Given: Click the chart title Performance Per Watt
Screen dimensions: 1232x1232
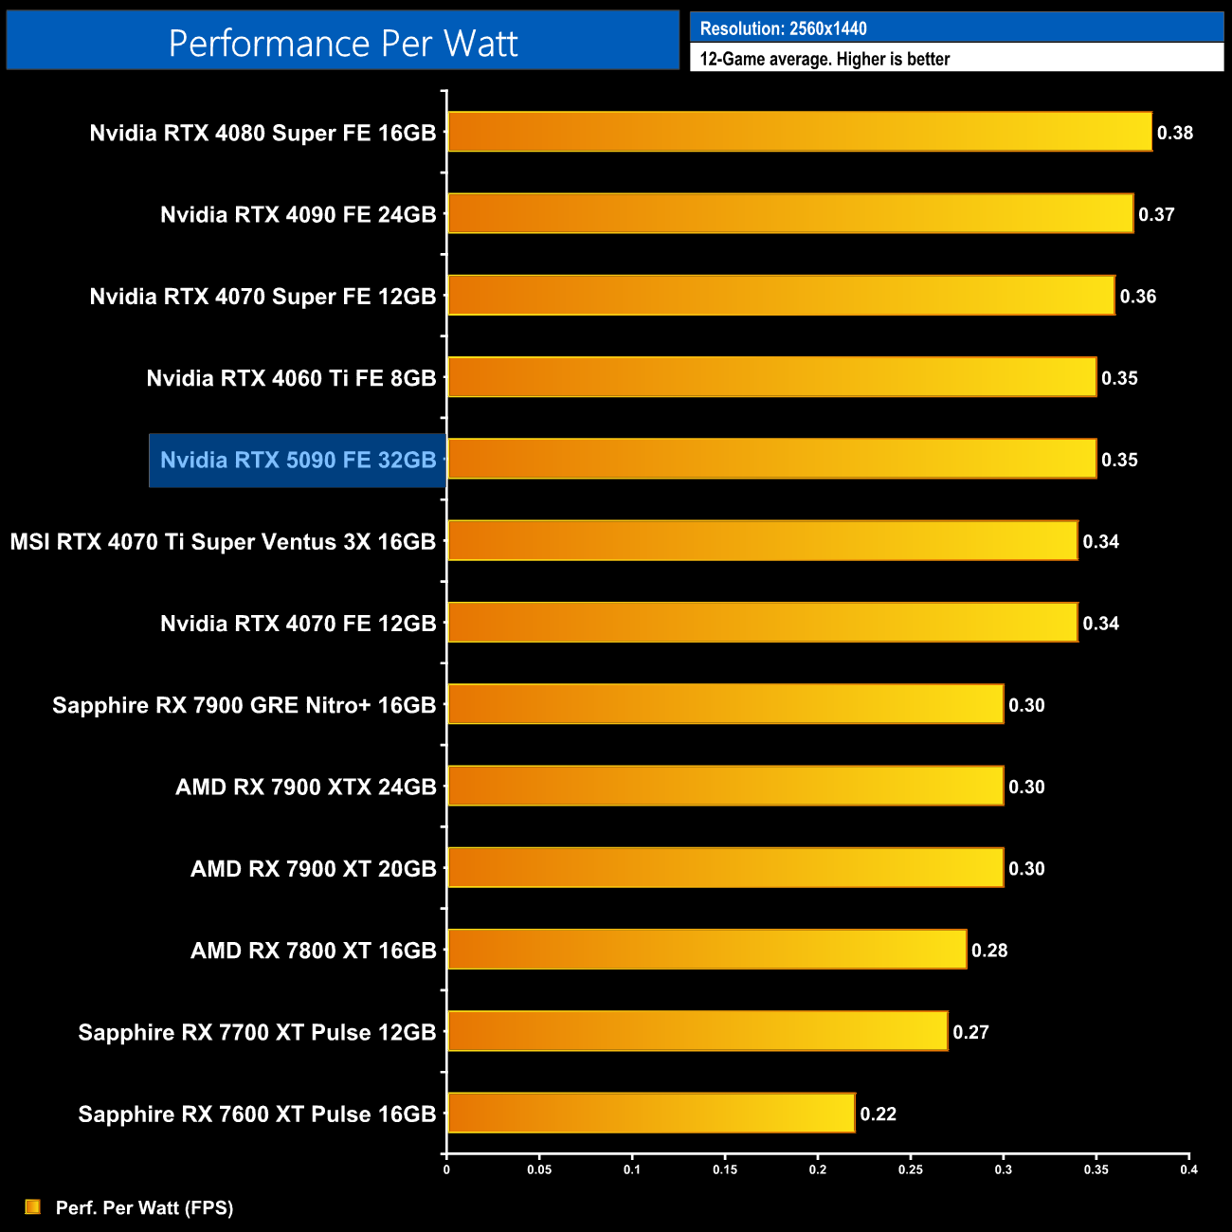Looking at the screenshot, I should (343, 44).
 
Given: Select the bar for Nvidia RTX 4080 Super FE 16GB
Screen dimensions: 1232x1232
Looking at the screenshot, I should (799, 132).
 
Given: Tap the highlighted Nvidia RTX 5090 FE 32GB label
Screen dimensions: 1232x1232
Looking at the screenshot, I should (298, 461).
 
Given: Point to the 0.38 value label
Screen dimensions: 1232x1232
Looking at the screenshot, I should (1175, 133).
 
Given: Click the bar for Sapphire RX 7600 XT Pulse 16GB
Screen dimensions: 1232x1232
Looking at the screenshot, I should (651, 1113).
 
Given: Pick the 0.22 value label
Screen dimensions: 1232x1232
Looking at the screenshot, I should (879, 1114).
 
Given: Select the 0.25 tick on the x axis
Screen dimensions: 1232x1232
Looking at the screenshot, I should (910, 1169).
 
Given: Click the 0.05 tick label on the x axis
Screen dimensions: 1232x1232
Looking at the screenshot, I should (539, 1169).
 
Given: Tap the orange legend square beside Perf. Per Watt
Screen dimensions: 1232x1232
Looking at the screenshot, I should (33, 1206).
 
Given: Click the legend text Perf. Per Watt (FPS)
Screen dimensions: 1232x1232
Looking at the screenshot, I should (144, 1207).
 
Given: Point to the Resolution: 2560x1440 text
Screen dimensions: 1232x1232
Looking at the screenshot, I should (783, 28).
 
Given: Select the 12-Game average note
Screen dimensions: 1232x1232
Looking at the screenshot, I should (824, 59).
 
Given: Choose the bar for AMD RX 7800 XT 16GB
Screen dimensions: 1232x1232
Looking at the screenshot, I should (707, 950).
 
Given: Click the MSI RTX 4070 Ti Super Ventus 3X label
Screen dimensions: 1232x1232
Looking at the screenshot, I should (223, 542).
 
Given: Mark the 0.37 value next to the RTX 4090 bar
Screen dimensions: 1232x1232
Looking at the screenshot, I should (1157, 214).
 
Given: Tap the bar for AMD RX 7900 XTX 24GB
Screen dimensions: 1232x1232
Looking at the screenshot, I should (725, 786).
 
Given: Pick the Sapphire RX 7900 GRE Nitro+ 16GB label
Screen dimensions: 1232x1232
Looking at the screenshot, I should (245, 705).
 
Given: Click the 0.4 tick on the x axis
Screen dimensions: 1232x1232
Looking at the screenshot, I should (1188, 1169).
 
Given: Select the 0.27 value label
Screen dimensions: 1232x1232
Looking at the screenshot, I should (971, 1032).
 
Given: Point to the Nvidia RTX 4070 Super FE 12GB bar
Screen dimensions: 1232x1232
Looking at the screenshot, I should (781, 296).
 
